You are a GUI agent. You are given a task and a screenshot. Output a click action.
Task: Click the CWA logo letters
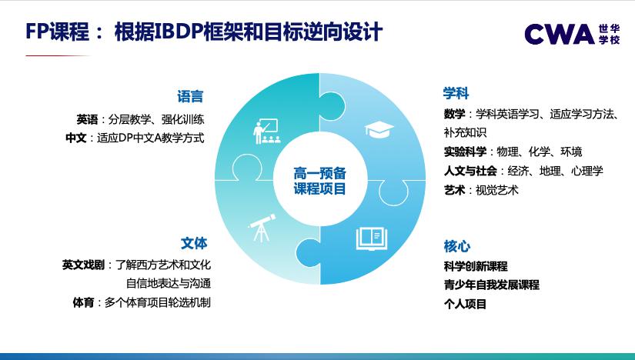point(559,34)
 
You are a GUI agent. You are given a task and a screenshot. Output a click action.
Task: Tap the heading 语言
point(190,97)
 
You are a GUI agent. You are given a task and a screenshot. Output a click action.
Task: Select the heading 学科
point(456,94)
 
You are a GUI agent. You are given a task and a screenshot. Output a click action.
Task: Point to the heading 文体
point(194,243)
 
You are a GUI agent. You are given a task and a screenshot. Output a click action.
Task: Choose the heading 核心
point(456,246)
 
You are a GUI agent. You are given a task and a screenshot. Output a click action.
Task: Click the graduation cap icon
point(379,128)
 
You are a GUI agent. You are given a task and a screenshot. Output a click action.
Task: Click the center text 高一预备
point(319,174)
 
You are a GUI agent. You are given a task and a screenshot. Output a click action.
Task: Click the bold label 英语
point(87,119)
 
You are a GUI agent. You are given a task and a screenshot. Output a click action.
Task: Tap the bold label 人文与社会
point(470,171)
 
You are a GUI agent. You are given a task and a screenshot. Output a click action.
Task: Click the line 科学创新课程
point(476,266)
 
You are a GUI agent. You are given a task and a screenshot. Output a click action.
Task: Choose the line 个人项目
point(465,304)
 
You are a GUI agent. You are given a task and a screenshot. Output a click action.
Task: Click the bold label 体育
point(84,302)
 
